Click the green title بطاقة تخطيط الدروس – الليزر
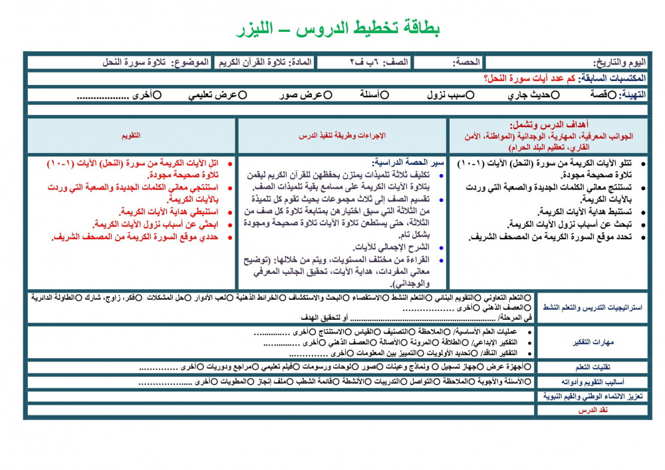point(338,29)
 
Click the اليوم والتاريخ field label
point(618,62)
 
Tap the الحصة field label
point(466,62)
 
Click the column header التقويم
point(130,136)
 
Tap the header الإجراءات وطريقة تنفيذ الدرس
point(342,136)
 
